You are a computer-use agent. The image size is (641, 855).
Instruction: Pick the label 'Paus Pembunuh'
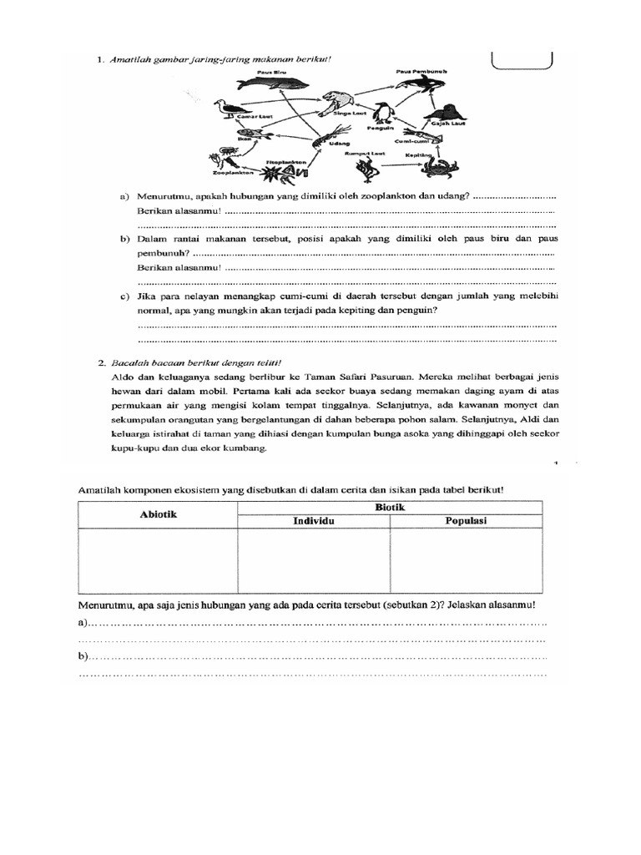(421, 73)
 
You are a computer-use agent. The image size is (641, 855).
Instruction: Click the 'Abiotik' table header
(158, 514)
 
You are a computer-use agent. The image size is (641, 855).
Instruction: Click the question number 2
(100, 363)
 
